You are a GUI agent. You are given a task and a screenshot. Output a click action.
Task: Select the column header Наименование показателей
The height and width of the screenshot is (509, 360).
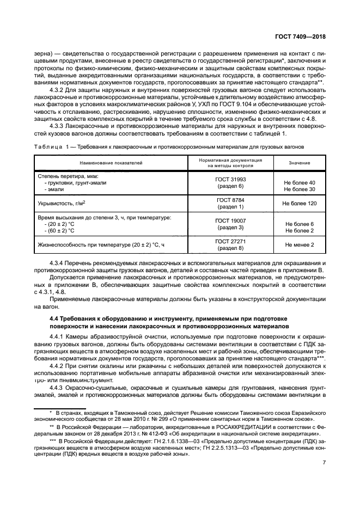coord(111,163)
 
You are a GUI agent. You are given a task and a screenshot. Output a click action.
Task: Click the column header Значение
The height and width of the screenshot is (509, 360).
coord(299,163)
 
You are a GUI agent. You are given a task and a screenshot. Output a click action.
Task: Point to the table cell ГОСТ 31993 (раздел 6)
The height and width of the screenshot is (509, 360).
coord(231,182)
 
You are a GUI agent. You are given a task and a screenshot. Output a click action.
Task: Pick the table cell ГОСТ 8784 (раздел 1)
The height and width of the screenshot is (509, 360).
coord(231,203)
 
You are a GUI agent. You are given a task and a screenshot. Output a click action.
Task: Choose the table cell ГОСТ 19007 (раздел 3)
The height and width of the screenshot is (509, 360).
coord(231,223)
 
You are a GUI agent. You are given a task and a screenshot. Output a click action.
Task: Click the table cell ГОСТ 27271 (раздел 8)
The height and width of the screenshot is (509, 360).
coord(231,244)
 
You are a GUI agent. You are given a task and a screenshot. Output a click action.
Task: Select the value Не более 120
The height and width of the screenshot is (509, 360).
coord(299,203)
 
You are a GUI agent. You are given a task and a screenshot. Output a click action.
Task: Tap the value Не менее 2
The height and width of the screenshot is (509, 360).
coord(299,244)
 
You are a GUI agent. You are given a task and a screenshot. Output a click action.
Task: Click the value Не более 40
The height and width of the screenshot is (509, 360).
coord(299,182)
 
